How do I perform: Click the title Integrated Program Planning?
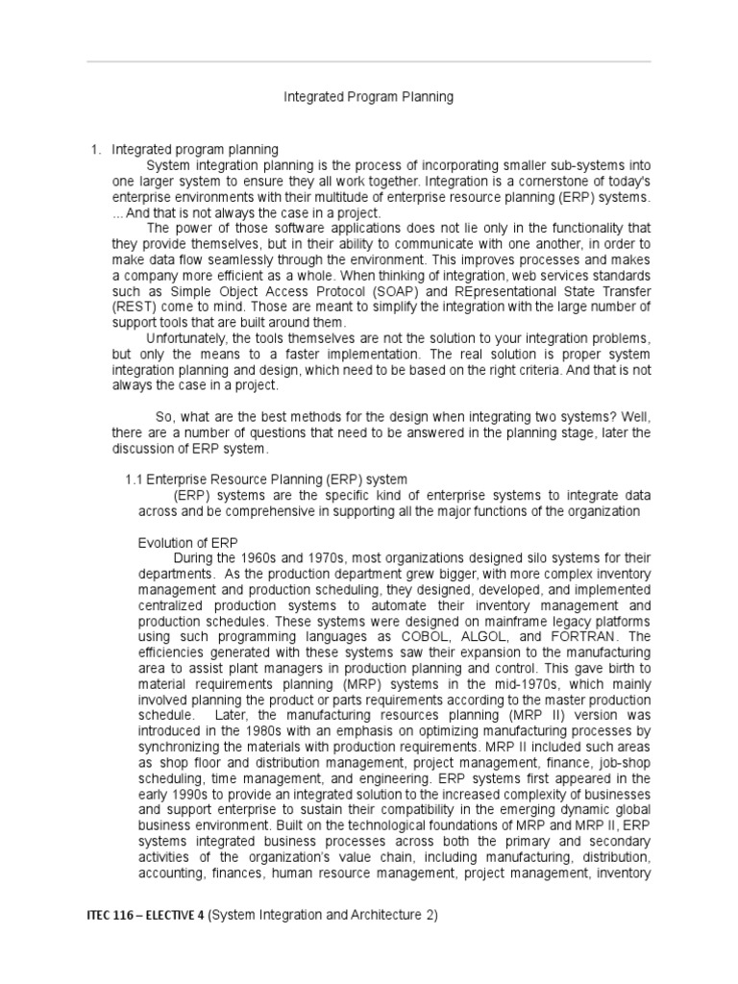pos(368,97)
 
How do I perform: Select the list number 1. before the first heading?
pos(95,149)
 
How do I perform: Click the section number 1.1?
pos(135,479)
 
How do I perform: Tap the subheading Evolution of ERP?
pos(189,542)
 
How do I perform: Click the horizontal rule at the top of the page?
pos(369,61)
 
